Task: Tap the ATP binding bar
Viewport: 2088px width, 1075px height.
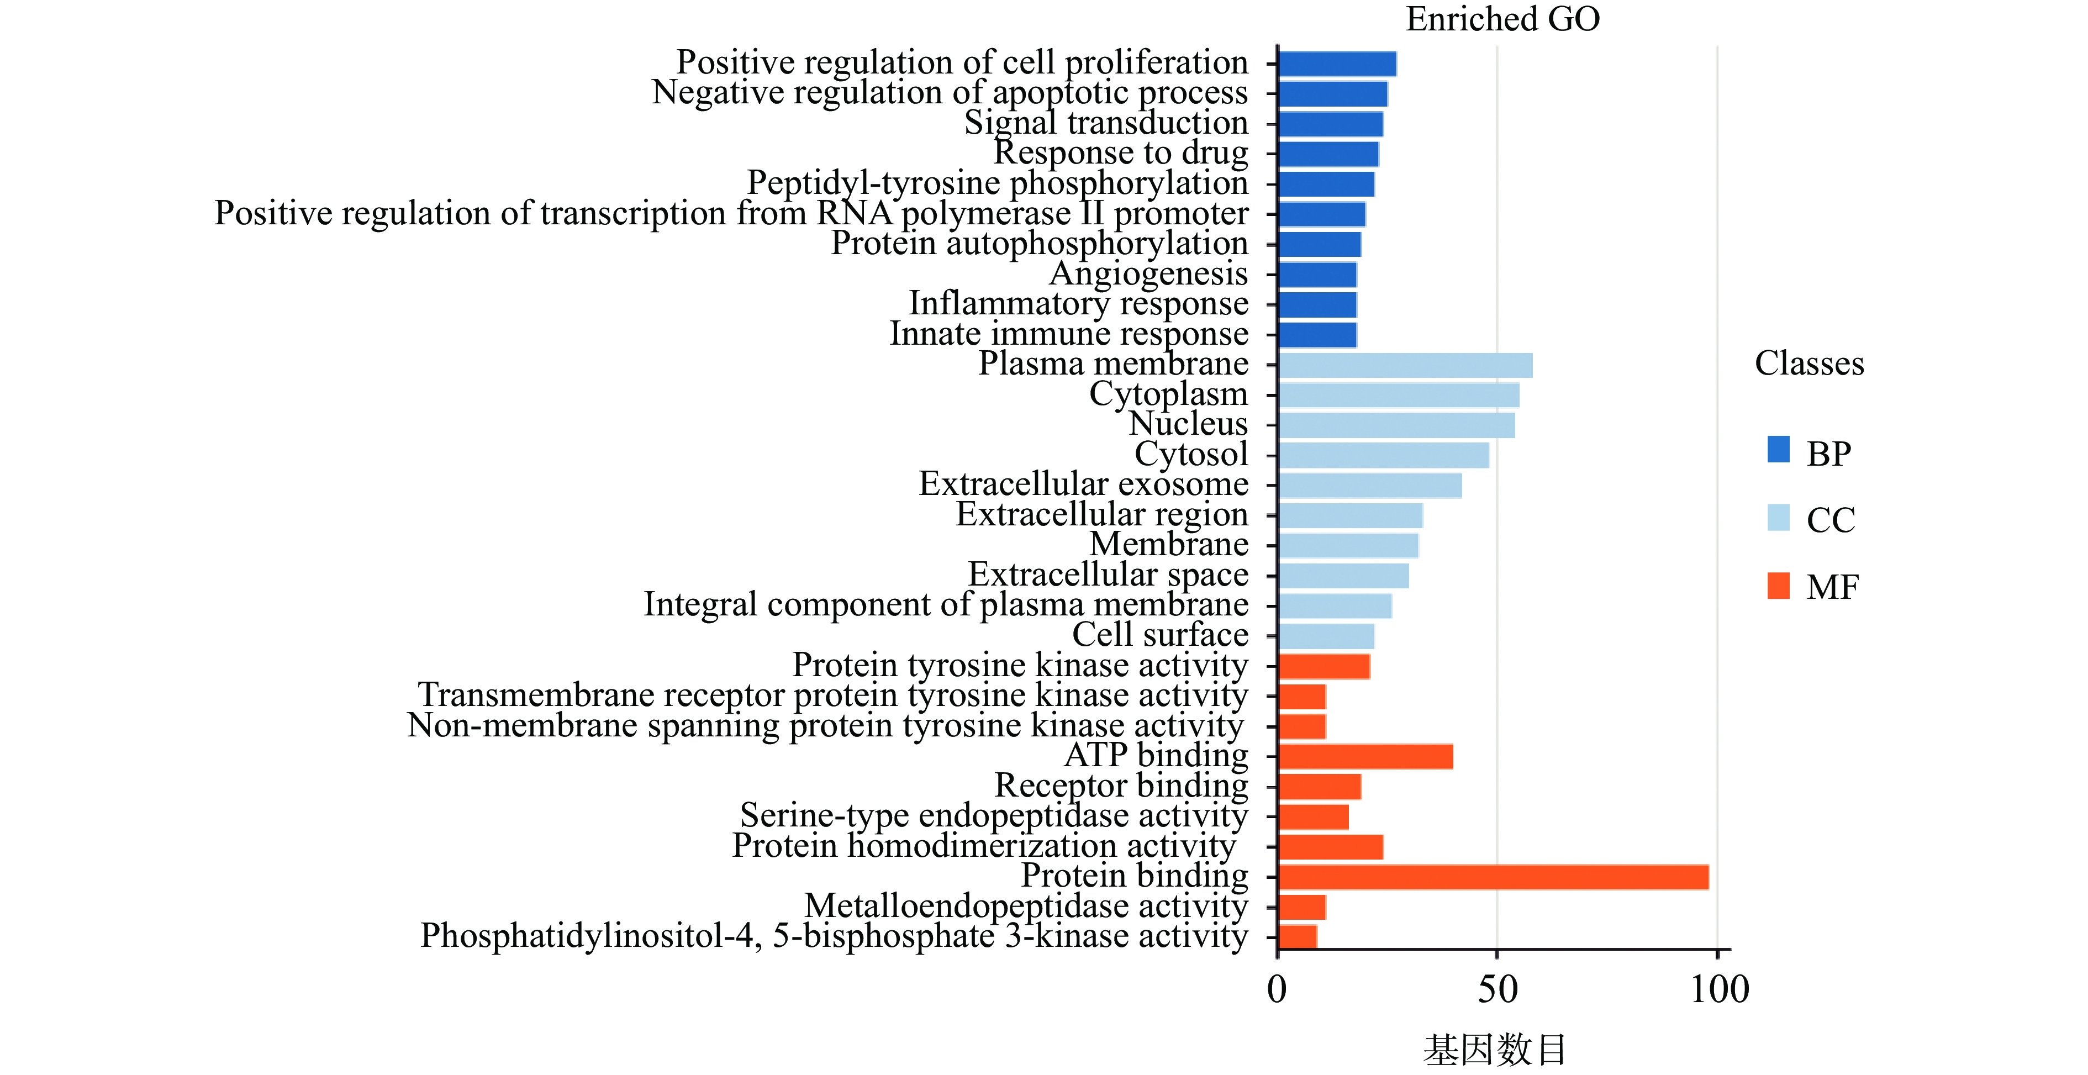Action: (x=1365, y=756)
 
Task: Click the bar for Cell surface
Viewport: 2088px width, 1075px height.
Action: (x=1326, y=636)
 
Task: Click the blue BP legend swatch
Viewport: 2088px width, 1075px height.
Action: (x=1778, y=449)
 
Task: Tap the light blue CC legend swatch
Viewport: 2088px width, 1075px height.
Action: (x=1778, y=517)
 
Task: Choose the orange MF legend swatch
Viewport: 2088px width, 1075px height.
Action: (x=1778, y=586)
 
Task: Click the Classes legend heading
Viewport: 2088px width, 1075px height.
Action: (x=1809, y=363)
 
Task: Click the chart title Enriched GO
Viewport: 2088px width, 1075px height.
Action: (x=1502, y=19)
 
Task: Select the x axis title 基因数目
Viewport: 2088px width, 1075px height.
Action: (x=1495, y=1050)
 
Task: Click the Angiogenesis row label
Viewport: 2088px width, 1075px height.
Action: (x=1148, y=274)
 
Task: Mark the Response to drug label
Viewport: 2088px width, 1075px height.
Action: (x=1121, y=153)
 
